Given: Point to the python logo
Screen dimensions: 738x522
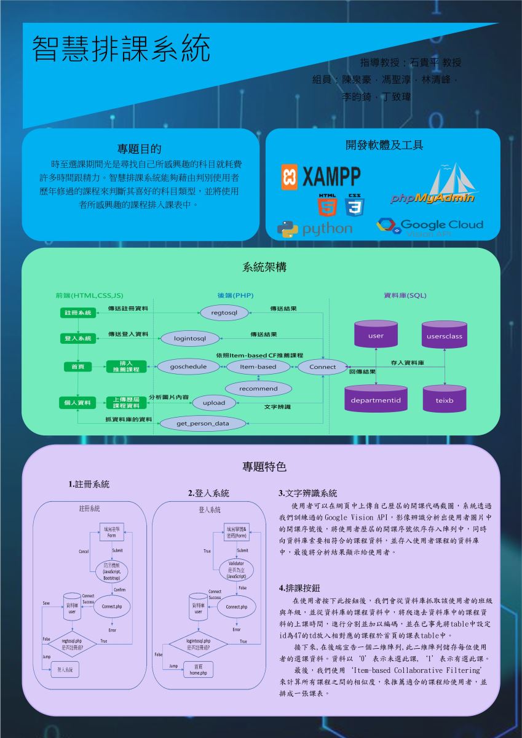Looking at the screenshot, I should point(315,228).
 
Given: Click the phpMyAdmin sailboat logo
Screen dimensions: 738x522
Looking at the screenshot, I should point(433,184).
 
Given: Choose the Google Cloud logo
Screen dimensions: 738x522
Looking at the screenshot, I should point(430,226).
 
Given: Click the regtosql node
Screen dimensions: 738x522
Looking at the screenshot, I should point(224,313).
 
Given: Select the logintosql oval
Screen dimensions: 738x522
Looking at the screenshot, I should point(189,338).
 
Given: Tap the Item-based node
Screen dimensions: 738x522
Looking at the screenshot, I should point(258,367).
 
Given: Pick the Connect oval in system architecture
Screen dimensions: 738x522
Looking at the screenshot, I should point(322,367).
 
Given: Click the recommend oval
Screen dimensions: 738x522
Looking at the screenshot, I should point(258,389).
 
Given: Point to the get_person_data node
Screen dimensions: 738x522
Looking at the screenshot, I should point(202,423).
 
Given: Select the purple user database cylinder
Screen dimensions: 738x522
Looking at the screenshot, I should point(376,335).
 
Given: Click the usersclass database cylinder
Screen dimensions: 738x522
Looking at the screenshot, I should point(445,335).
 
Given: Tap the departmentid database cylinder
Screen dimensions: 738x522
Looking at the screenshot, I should point(376,400).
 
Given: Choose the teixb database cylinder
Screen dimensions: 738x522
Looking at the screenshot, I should point(445,400).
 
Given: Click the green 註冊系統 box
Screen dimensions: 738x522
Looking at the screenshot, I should point(77,313).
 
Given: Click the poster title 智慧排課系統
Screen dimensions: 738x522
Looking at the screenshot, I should point(121,49).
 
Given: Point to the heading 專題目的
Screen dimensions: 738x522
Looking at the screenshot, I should point(140,148).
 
